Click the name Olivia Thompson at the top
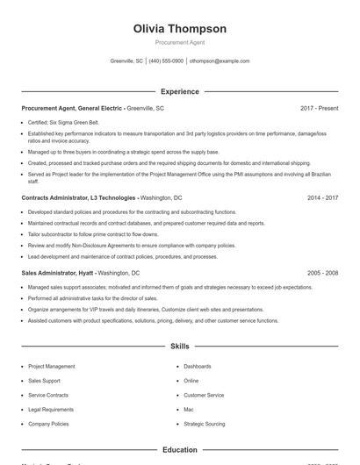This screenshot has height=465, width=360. point(179,29)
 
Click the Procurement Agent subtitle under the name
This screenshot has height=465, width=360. point(179,43)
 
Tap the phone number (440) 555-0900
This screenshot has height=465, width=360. point(166,61)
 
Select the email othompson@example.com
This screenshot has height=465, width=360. point(220,61)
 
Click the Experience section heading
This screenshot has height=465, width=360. point(179,91)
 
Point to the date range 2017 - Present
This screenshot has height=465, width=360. point(319,108)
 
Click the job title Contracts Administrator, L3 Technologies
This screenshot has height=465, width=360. point(78,198)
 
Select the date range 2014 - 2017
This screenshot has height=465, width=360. point(323,198)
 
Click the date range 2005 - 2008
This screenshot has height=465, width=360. point(323,273)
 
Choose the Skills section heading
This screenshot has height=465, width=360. point(179,347)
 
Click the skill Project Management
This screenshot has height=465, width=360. point(52,367)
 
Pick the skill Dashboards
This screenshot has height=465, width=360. point(198,367)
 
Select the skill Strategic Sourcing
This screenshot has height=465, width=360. point(205,424)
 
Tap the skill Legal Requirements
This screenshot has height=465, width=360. point(51,410)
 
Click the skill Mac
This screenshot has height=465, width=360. point(189,410)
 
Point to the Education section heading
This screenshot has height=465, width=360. point(179,450)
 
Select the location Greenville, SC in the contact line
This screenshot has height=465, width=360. point(126,61)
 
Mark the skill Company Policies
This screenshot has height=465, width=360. point(48,424)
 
